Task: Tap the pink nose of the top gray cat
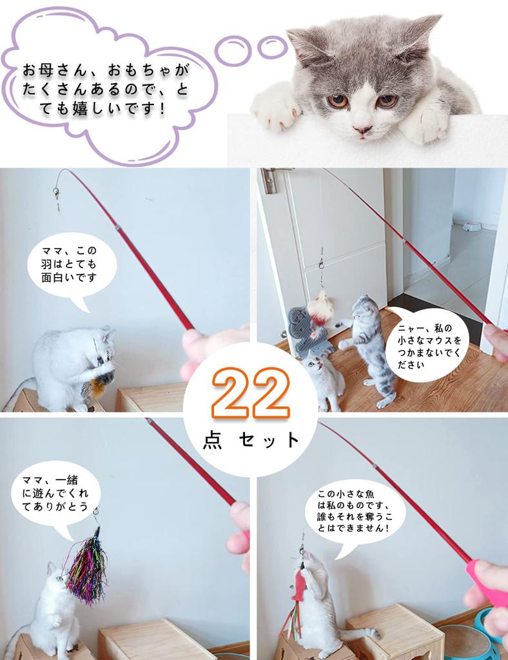[362, 130]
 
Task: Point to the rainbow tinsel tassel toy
[86, 567]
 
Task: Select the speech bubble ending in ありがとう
[55, 494]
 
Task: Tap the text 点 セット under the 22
[251, 440]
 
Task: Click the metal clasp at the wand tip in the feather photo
[56, 192]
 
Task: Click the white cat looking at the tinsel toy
[55, 606]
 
